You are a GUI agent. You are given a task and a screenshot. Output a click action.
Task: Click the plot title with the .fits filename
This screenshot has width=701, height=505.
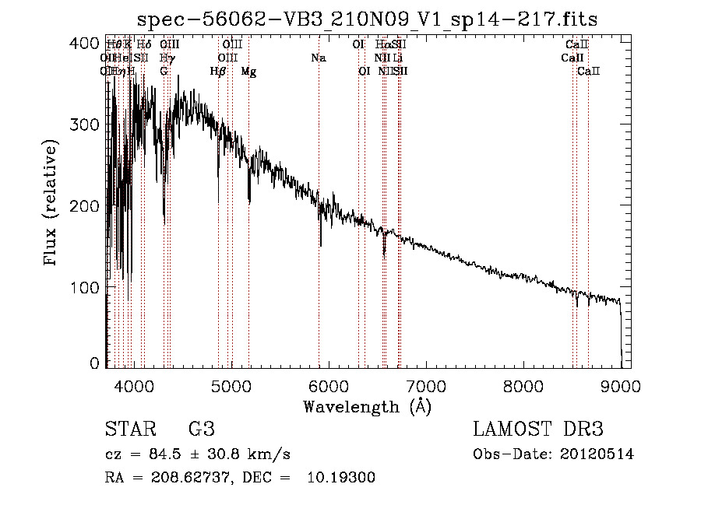coord(367,20)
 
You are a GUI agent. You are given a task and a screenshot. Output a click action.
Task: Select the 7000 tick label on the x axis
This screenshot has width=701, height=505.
coord(425,384)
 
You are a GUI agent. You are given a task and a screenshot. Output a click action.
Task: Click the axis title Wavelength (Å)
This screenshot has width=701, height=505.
coord(367,407)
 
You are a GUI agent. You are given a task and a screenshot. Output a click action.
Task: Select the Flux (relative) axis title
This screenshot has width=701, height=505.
coord(52,204)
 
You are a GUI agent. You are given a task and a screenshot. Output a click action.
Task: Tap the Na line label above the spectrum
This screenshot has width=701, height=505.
coord(318,58)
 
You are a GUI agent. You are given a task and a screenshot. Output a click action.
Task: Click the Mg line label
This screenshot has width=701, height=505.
coord(248,72)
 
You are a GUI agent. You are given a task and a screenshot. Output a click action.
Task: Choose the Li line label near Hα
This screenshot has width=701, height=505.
coord(398,58)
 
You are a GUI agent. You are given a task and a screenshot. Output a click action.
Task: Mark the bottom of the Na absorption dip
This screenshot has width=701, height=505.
coord(320,244)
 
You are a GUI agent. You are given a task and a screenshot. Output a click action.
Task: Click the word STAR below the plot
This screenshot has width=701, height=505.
coord(129,430)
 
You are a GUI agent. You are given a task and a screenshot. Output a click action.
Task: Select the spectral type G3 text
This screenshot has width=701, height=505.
coord(201,430)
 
